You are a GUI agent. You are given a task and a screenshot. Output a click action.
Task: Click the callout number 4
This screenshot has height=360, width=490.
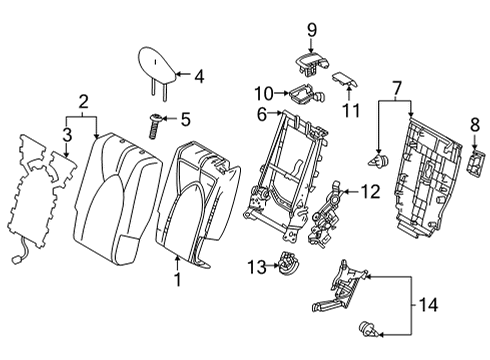pyautogui.click(x=198, y=75)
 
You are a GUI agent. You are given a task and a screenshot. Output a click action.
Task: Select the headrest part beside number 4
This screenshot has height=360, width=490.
pyautogui.click(x=157, y=66)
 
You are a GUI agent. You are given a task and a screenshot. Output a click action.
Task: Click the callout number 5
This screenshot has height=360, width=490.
pyautogui.click(x=183, y=120)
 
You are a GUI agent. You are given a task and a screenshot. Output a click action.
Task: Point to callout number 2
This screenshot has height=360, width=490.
pyautogui.click(x=84, y=100)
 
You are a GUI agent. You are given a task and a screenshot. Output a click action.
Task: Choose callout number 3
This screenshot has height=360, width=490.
pyautogui.click(x=66, y=133)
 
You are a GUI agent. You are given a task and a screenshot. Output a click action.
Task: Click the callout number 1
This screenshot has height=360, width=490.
pyautogui.click(x=177, y=279)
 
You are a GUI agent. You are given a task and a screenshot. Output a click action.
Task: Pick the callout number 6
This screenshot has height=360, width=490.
pyautogui.click(x=262, y=115)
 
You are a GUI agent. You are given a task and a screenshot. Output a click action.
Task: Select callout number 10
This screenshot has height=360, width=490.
pyautogui.click(x=263, y=93)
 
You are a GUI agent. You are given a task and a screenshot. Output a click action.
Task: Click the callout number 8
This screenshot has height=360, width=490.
pyautogui.click(x=474, y=124)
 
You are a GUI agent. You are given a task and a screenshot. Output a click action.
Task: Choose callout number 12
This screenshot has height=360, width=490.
pyautogui.click(x=370, y=191)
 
